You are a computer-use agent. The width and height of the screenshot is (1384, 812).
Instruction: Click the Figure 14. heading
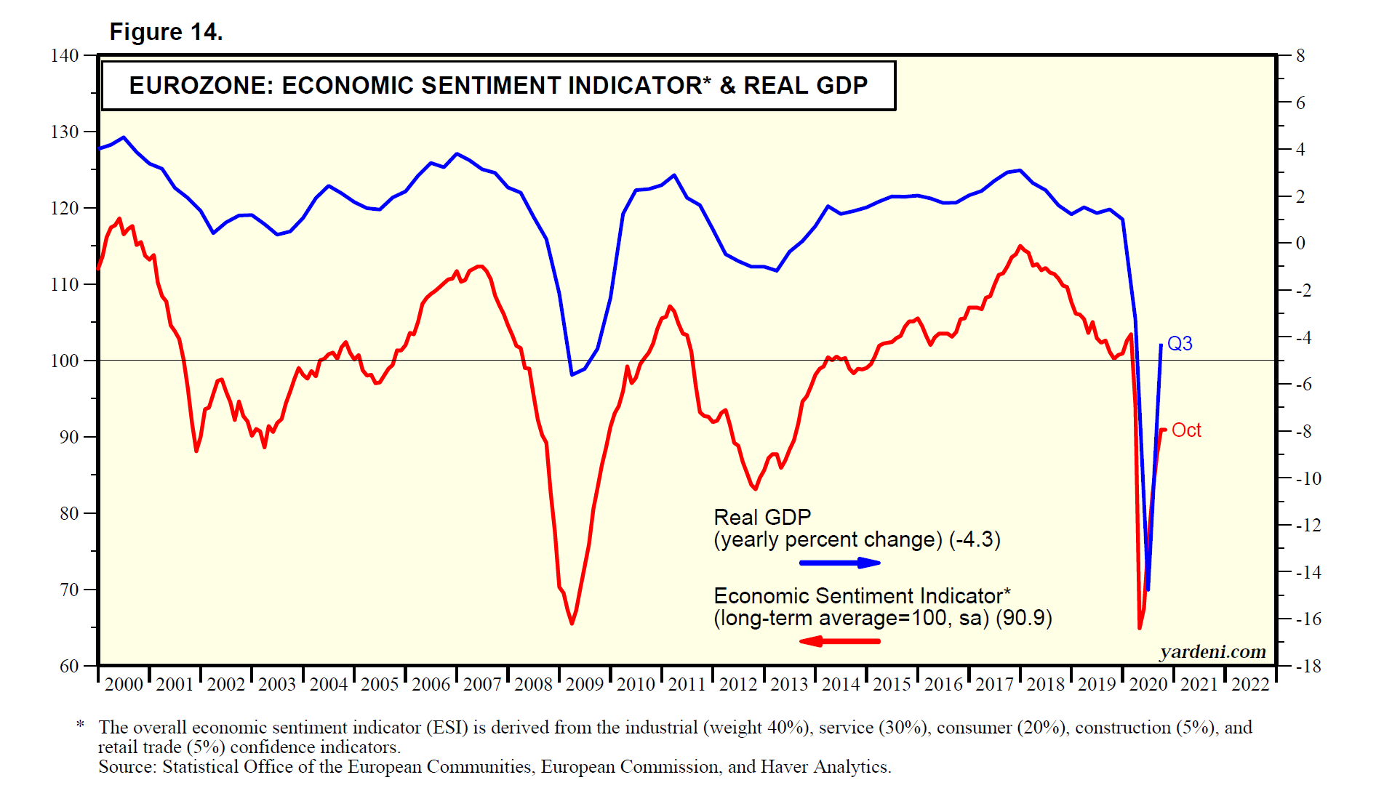(166, 32)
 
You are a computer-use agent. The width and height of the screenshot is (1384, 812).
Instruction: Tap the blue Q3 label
(1180, 343)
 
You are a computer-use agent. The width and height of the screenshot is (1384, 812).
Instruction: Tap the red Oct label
(1186, 430)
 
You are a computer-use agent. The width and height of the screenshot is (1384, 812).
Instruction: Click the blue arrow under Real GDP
(840, 563)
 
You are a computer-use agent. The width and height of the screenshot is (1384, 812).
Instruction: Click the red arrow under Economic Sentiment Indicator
(840, 641)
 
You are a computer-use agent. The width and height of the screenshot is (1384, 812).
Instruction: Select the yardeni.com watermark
(1212, 651)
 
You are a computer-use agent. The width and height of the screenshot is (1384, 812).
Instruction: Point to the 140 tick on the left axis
(65, 56)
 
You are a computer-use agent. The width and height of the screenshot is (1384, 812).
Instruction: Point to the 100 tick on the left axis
(65, 361)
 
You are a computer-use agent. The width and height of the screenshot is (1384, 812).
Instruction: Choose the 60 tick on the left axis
(69, 666)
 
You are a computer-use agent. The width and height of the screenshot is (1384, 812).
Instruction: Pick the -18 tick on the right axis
(1308, 666)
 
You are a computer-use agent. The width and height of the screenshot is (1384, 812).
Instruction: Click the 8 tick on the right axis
(1300, 56)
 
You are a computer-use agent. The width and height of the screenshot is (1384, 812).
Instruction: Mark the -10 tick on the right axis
(1308, 478)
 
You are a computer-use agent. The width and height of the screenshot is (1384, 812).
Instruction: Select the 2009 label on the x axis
(585, 684)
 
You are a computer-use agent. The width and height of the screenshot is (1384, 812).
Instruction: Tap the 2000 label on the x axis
(124, 684)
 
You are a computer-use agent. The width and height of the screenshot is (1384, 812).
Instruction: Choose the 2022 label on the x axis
(1250, 684)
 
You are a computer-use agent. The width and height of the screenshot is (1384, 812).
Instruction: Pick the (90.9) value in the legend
(1024, 618)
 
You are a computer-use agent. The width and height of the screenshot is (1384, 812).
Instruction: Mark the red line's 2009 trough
(572, 623)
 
